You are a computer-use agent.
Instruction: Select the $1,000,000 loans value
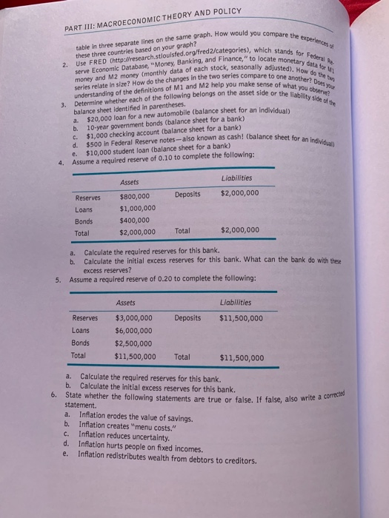[137, 209]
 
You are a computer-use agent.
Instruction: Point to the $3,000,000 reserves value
[134, 318]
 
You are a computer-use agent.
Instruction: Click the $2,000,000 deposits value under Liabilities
[239, 194]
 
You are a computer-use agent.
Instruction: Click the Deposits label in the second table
[187, 318]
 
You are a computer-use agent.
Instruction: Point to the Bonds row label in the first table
[84, 221]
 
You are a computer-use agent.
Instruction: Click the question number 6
[55, 396]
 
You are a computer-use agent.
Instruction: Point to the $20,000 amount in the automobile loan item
[99, 116]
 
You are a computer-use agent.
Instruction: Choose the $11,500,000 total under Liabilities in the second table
[242, 359]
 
